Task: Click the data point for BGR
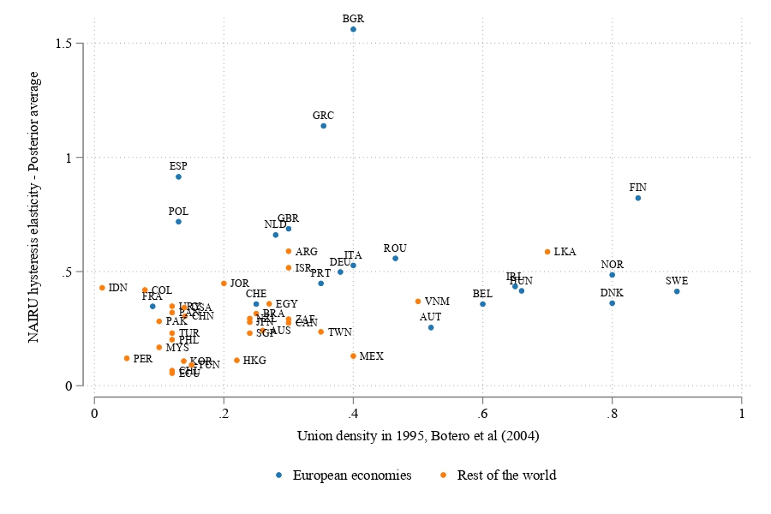click(x=353, y=29)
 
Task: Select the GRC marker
click(x=323, y=126)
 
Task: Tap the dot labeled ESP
click(x=178, y=176)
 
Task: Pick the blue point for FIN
click(x=638, y=198)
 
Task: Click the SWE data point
click(x=677, y=291)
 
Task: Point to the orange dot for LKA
click(x=547, y=252)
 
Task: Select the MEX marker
click(x=353, y=356)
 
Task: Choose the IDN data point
click(x=102, y=288)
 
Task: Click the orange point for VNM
click(x=418, y=302)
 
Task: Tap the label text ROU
click(x=395, y=248)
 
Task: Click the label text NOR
click(x=613, y=265)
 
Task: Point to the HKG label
click(x=254, y=361)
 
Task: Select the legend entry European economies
click(x=352, y=475)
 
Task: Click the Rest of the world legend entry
click(x=506, y=475)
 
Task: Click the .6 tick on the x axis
click(x=482, y=415)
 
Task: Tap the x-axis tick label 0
click(x=94, y=415)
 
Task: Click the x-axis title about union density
click(x=417, y=437)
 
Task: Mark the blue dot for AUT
click(x=431, y=327)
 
